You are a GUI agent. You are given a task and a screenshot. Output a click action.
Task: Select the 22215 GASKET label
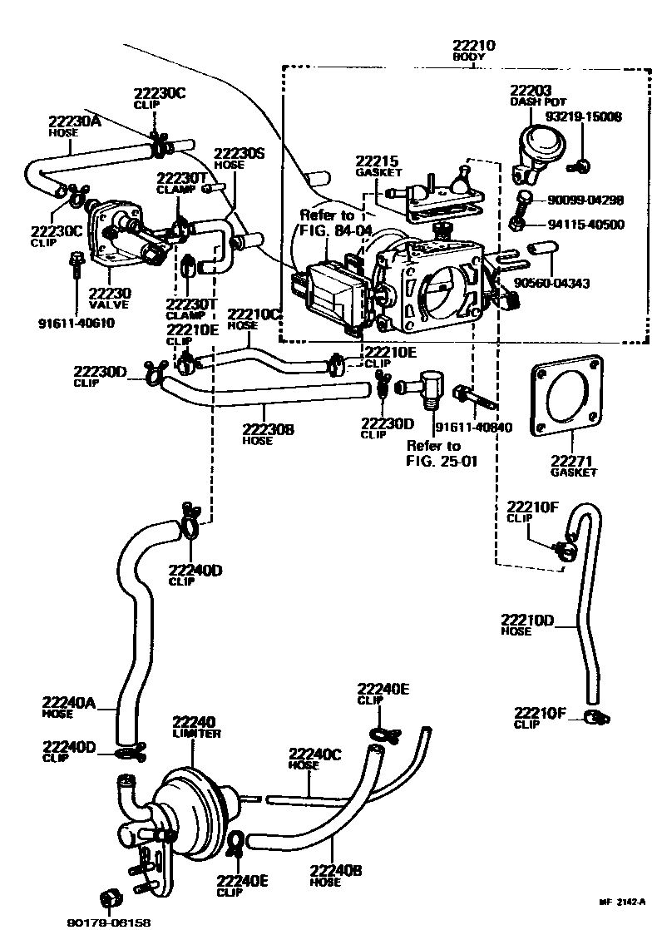[379, 166]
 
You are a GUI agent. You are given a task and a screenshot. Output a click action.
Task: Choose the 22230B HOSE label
[268, 434]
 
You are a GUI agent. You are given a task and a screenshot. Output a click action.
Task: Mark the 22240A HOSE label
[70, 707]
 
